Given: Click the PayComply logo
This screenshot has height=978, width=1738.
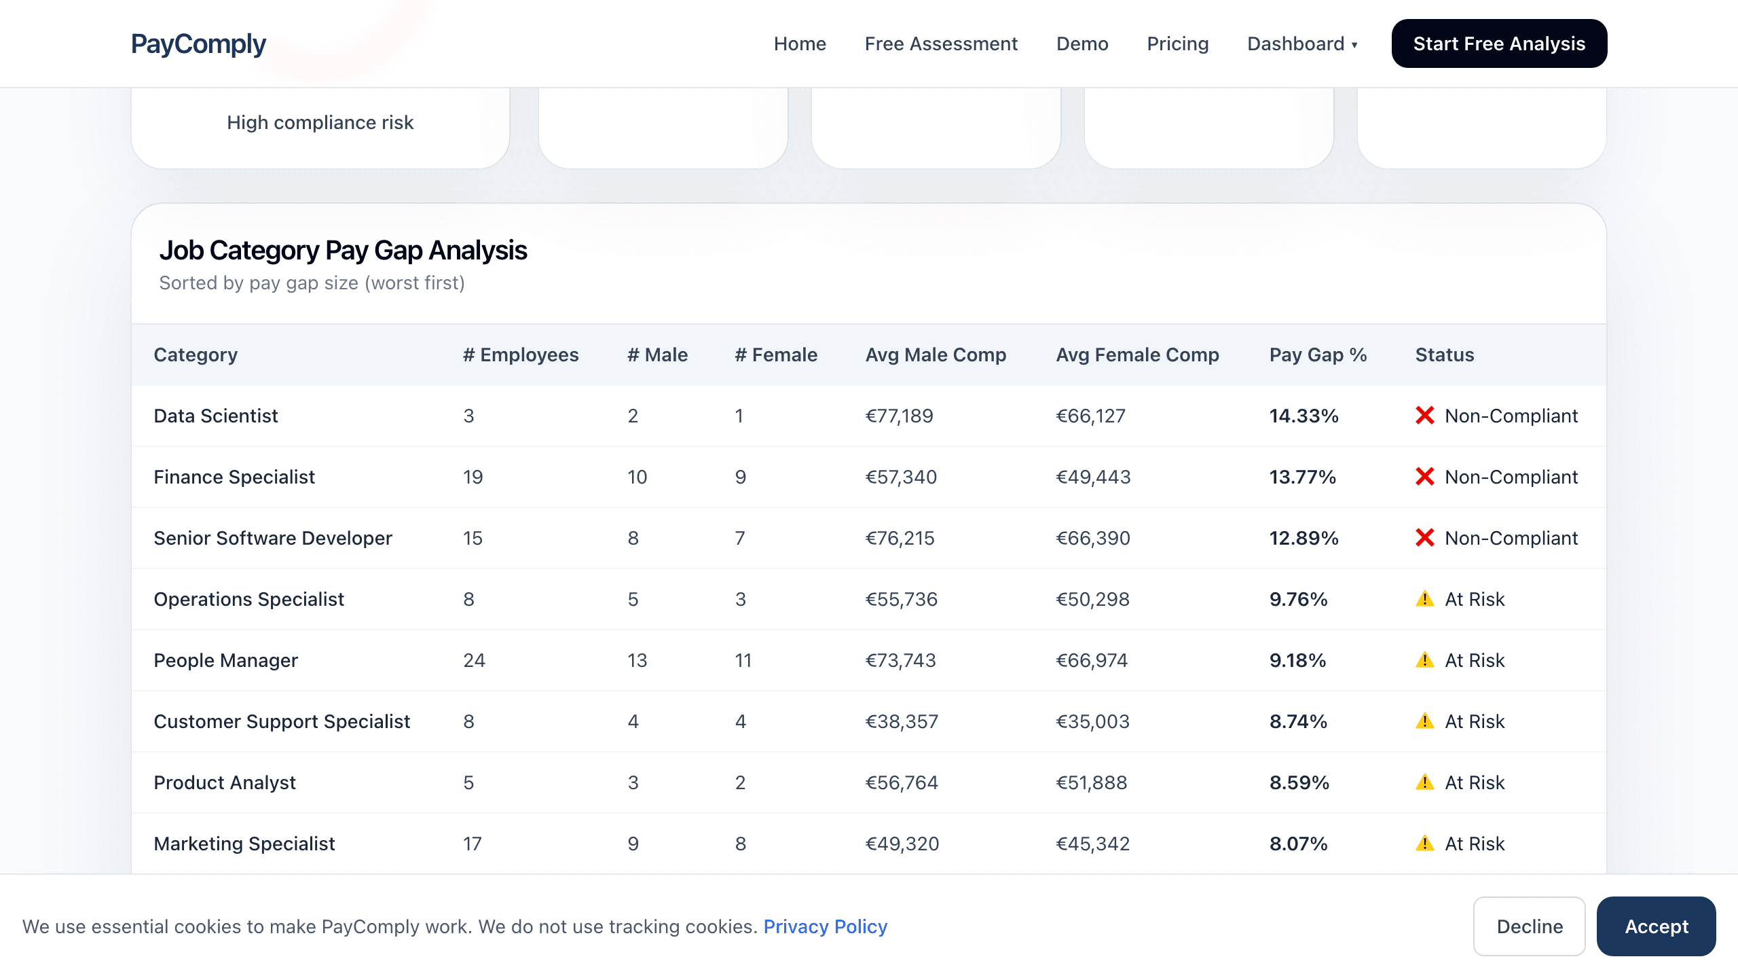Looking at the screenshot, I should pyautogui.click(x=198, y=44).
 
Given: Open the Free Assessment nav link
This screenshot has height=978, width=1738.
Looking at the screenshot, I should pyautogui.click(x=941, y=44).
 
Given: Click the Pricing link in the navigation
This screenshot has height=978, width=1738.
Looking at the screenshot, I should pyautogui.click(x=1177, y=44).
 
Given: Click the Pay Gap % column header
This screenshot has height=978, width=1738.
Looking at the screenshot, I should pyautogui.click(x=1318, y=355).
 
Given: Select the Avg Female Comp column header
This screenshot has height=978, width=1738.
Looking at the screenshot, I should pyautogui.click(x=1137, y=355).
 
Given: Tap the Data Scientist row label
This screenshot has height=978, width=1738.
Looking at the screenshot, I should pyautogui.click(x=216, y=416).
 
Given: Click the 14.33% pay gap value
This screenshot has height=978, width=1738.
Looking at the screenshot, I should pyautogui.click(x=1303, y=416).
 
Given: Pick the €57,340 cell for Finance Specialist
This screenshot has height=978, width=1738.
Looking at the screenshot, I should pyautogui.click(x=900, y=477).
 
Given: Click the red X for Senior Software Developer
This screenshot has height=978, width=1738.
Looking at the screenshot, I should pyautogui.click(x=1424, y=538).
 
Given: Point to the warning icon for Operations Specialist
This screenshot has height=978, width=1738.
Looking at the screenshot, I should pyautogui.click(x=1424, y=599).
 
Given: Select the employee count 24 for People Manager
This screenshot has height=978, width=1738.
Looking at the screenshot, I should pyautogui.click(x=474, y=661).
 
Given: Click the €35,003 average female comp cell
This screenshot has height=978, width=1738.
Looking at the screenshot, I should pyautogui.click(x=1092, y=722).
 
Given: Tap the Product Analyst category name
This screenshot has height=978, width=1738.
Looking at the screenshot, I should pyautogui.click(x=225, y=783).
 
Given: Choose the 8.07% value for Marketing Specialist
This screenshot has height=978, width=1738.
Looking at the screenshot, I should pyautogui.click(x=1298, y=844).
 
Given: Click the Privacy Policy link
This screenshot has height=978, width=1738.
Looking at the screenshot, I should pyautogui.click(x=825, y=927).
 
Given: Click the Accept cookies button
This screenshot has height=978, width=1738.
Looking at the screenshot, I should pyautogui.click(x=1656, y=927).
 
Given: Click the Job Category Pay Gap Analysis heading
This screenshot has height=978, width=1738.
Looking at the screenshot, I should pyautogui.click(x=343, y=251).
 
